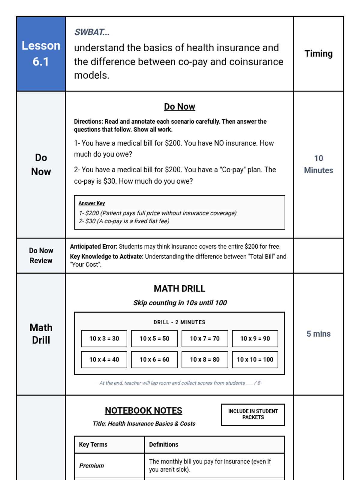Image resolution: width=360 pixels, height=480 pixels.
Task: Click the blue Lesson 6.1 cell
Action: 41,54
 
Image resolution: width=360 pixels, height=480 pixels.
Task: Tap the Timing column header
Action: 318,54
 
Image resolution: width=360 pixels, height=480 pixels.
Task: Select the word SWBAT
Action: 92,32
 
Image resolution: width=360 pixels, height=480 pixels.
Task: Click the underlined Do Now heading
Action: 179,106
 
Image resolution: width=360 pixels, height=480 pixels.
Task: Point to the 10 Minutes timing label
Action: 318,164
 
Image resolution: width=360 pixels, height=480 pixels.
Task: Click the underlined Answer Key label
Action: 91,203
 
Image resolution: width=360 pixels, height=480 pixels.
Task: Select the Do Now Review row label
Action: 41,256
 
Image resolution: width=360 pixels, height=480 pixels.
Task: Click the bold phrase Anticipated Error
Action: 93,247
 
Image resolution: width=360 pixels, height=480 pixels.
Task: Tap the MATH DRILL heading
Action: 179,289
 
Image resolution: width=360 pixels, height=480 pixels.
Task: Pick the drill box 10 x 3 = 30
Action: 104,338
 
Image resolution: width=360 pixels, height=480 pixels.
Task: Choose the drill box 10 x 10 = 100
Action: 255,359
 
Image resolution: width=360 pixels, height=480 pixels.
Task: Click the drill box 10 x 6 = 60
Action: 154,359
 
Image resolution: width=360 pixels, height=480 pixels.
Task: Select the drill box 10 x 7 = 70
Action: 205,338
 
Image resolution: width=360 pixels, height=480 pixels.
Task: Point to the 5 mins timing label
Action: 318,334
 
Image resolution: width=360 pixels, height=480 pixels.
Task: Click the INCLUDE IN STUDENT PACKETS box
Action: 253,415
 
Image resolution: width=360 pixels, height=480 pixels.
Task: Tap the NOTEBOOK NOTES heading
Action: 143,410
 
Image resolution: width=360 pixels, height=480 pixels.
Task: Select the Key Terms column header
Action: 93,444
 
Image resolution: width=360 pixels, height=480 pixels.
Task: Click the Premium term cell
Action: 91,466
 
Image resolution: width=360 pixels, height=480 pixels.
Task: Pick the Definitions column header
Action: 163,444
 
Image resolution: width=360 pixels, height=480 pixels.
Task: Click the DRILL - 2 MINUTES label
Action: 179,322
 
